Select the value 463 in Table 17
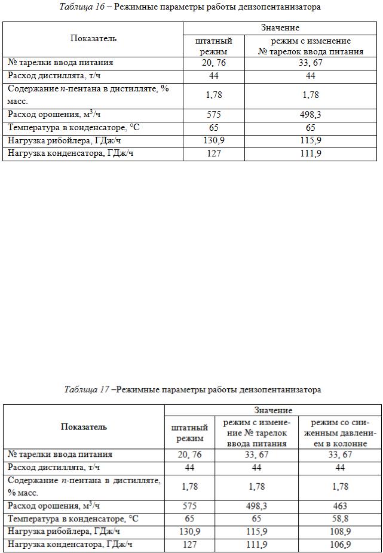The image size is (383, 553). [x=339, y=506]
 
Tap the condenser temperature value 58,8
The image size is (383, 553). [x=339, y=518]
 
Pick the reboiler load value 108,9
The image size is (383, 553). [x=339, y=531]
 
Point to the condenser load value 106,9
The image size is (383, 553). [x=339, y=544]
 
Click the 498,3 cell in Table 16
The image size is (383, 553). [x=311, y=115]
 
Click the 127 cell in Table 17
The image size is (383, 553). [x=189, y=544]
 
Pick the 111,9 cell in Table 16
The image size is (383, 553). [x=311, y=153]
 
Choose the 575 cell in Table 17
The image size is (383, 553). [x=189, y=506]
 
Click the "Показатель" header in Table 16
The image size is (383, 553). [x=93, y=39]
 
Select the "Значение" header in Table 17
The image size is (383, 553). [x=273, y=410]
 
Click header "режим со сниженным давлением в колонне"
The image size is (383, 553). [x=339, y=433]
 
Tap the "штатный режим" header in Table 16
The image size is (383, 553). [x=213, y=46]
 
